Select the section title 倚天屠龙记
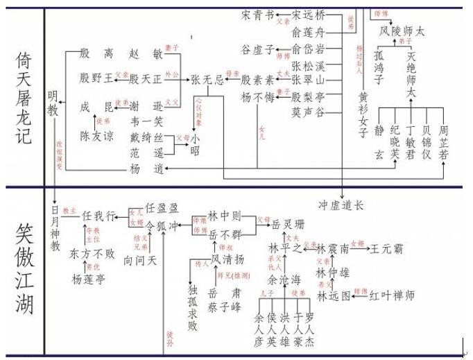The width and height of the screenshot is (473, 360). pos(23,96)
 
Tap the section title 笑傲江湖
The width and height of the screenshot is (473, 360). pos(23,271)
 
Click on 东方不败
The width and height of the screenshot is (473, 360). pos(92,254)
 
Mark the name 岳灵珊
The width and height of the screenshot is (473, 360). pos(290,224)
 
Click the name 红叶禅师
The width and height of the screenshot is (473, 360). pos(392,296)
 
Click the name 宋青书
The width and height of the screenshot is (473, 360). pos(257,14)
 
